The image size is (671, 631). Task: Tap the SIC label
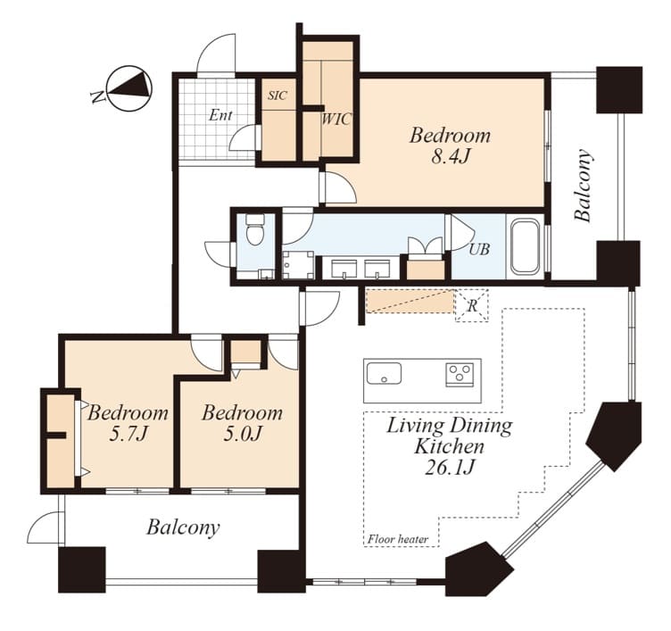pos(278,95)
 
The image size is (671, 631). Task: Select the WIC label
pos(336,119)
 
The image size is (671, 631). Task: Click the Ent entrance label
pos(220,115)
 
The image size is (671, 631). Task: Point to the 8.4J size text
pos(451,157)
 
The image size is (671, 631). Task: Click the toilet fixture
pos(256,229)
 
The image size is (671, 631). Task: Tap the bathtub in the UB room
pos(525,246)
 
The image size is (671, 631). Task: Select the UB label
pos(479,249)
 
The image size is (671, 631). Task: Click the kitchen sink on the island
pos(384,373)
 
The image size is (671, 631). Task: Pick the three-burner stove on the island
pos(460,374)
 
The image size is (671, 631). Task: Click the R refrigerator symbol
pos(472,305)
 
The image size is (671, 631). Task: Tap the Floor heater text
pos(398,539)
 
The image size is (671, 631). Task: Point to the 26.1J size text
pos(450,468)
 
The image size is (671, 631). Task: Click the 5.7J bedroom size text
pos(128,435)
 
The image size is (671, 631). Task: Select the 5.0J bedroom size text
pos(242,435)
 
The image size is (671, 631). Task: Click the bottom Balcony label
pos(183,527)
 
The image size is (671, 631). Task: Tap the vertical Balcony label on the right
pos(584,185)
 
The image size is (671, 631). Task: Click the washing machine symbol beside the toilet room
pos(298,265)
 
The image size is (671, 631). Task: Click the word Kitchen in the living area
pos(450,446)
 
